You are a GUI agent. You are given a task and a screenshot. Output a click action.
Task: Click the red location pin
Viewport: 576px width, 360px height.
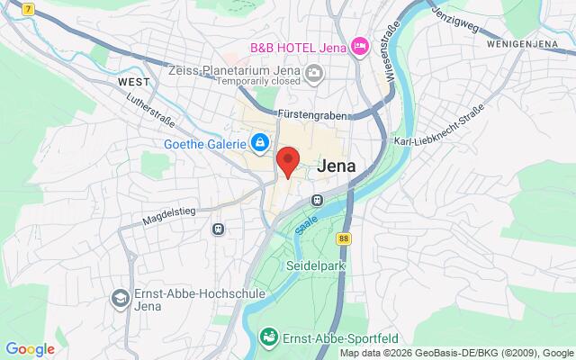tap(287, 162)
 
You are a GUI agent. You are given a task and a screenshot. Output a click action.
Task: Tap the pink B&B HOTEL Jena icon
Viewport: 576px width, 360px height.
tap(360, 45)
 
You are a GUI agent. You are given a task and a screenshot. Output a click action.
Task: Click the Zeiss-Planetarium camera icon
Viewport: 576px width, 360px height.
tap(314, 73)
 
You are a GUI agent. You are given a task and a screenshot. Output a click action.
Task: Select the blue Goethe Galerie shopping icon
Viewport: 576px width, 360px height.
tap(259, 143)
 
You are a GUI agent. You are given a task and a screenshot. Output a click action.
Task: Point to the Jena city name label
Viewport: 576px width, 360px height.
tap(337, 166)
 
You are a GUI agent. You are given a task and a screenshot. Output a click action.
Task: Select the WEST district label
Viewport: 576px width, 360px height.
tap(132, 81)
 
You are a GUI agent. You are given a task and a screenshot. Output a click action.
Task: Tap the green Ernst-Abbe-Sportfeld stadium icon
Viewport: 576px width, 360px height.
tap(267, 337)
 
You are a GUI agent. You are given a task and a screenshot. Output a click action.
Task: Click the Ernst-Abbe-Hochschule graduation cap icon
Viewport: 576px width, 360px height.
tap(119, 297)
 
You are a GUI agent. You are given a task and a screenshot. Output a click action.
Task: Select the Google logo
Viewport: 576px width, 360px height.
tap(30, 349)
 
